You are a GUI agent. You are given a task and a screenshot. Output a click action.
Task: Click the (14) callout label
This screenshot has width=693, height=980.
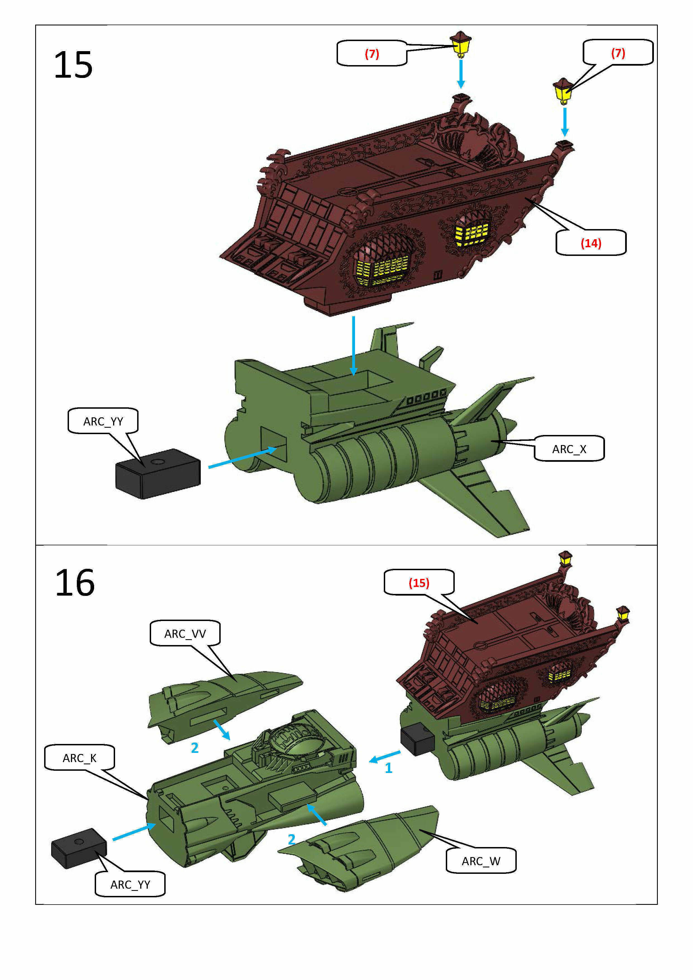[x=590, y=243]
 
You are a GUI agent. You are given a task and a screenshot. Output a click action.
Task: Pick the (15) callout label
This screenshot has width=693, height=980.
[x=419, y=583]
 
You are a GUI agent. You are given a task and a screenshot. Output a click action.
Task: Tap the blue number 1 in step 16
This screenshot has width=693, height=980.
[x=388, y=768]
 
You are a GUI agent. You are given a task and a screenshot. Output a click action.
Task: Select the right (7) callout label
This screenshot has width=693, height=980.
[x=618, y=53]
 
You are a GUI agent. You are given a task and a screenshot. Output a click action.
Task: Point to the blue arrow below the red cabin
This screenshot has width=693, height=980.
[x=353, y=346]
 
